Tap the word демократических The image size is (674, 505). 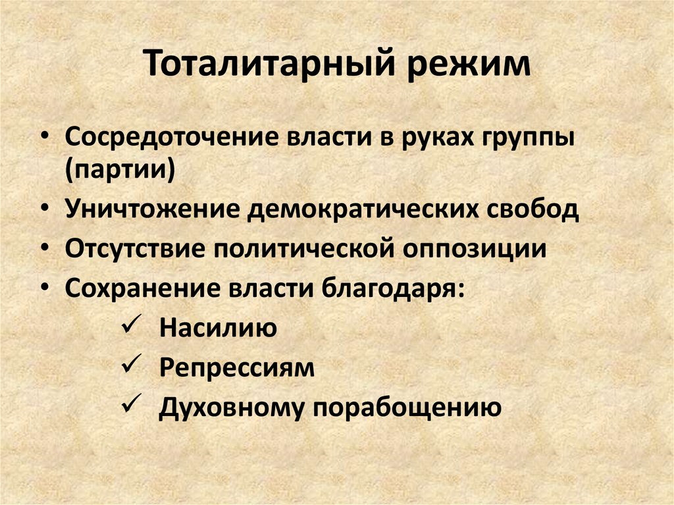pos(359,211)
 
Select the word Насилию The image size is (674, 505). pos(218,328)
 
